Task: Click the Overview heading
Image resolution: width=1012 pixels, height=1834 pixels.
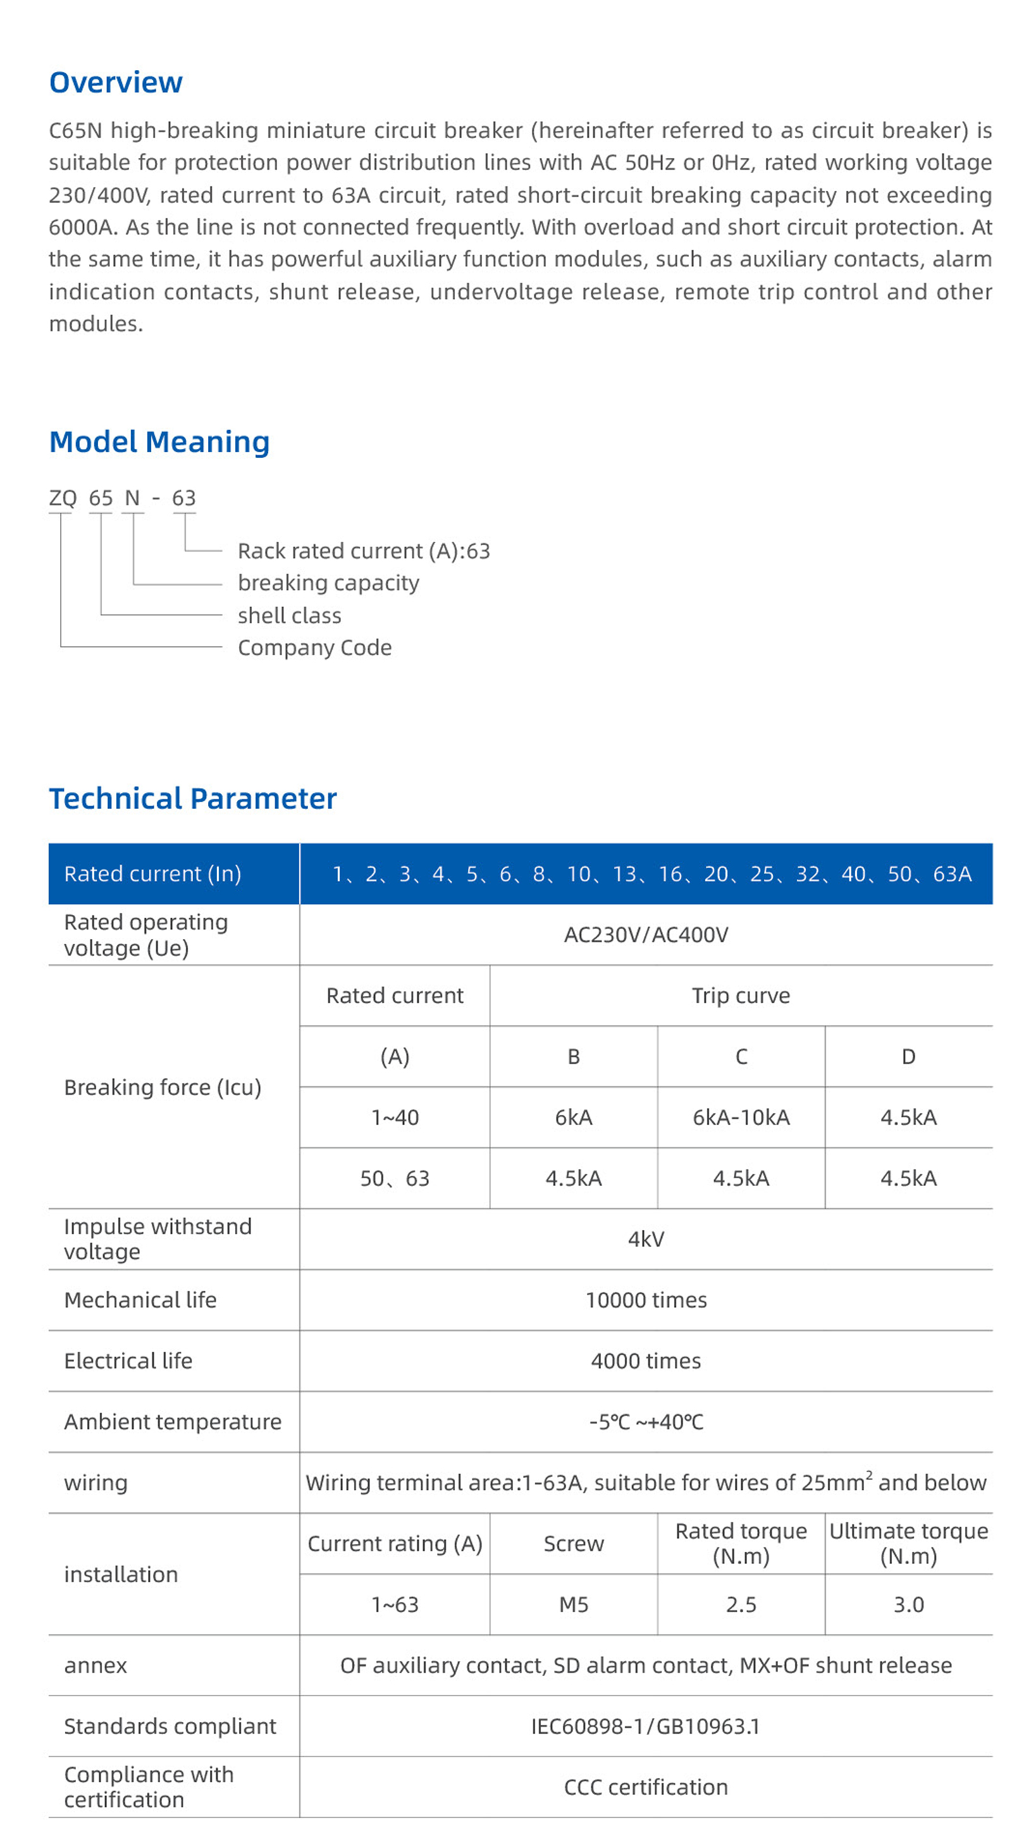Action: coord(115,83)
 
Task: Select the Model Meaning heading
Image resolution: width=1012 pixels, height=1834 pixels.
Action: coord(159,442)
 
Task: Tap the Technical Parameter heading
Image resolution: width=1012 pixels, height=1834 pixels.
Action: coord(192,799)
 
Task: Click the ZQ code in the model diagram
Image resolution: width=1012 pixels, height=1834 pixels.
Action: coord(63,498)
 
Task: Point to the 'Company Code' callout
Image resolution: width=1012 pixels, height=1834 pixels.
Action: coord(314,648)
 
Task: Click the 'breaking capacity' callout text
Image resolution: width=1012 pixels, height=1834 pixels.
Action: coord(328,583)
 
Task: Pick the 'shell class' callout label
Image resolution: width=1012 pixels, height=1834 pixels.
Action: coord(289,616)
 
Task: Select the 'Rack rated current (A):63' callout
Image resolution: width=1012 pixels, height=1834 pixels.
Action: coord(363,551)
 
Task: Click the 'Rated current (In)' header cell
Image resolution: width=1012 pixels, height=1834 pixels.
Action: coord(152,873)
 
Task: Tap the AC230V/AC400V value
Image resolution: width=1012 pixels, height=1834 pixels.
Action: coord(646,935)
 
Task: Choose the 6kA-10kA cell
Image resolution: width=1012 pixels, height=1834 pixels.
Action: coord(741,1117)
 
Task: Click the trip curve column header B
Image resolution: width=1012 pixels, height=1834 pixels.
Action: coord(573,1057)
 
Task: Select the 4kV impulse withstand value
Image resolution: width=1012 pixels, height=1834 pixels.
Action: coord(646,1240)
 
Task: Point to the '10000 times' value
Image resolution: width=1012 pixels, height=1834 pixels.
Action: coord(646,1300)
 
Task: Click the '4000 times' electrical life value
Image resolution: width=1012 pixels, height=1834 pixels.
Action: coord(646,1361)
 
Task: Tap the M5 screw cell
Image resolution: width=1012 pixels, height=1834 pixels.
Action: coord(573,1605)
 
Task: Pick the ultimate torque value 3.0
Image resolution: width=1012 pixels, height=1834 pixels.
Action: coord(908,1605)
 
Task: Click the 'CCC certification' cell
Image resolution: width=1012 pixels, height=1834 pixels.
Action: coord(646,1787)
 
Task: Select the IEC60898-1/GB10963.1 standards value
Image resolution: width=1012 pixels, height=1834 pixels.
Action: coord(646,1726)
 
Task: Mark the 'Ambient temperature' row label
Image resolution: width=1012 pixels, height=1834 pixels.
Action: coord(172,1422)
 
